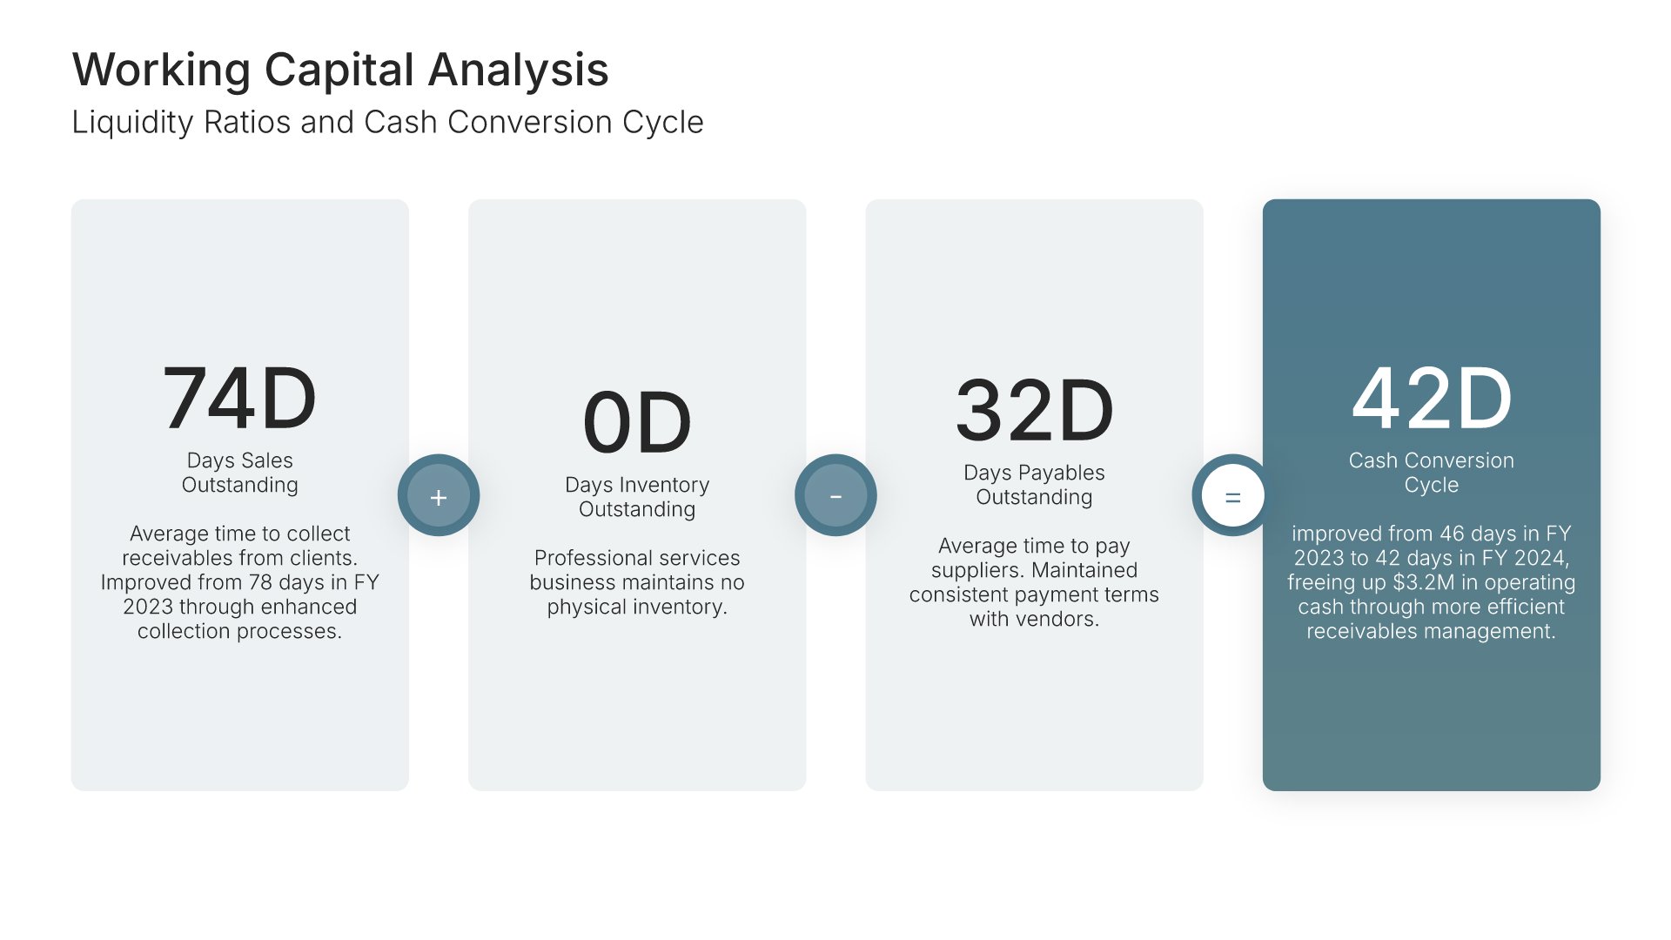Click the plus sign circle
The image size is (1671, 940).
click(439, 495)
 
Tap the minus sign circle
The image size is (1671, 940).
click(835, 495)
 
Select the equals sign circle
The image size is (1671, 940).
click(1232, 495)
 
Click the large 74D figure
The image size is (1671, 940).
click(239, 399)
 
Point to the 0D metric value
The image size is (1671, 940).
click(637, 423)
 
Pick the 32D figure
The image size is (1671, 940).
click(1034, 411)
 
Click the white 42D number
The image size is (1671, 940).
click(1432, 399)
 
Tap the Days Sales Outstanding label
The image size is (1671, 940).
click(239, 473)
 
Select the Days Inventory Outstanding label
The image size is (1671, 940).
click(637, 497)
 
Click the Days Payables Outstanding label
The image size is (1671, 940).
click(1034, 485)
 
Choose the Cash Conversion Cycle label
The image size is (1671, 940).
click(1432, 473)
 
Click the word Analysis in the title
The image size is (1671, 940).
click(519, 70)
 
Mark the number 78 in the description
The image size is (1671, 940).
click(260, 582)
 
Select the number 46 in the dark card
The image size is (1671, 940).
click(1453, 534)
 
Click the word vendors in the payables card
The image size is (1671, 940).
click(1056, 619)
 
